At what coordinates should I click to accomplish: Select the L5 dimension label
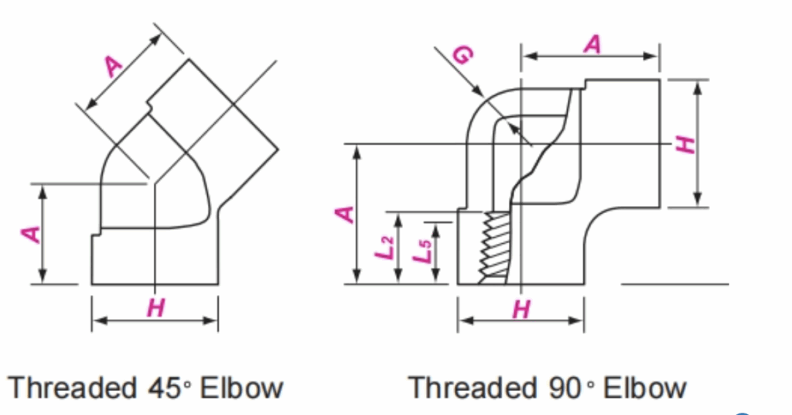click(422, 252)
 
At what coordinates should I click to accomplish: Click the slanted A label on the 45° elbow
click(114, 67)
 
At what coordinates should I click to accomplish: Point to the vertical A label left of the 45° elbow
click(30, 233)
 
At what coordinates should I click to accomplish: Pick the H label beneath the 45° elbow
click(155, 308)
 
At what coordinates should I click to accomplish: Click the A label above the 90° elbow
click(592, 45)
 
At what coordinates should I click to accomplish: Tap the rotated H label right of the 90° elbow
click(684, 143)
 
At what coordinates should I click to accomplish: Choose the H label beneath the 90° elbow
click(522, 310)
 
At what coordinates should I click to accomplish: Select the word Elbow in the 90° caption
click(644, 386)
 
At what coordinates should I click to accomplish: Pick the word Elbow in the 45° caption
click(241, 386)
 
